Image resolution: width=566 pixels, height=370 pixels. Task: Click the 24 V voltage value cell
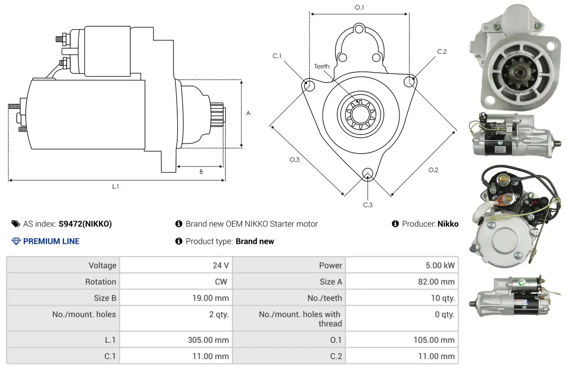point(221,265)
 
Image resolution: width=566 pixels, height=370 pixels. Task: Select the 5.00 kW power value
point(440,265)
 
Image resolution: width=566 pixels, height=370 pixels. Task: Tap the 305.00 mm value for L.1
point(208,340)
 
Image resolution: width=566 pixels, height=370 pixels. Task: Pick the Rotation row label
point(100,282)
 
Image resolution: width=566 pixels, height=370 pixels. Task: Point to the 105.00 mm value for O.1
point(434,340)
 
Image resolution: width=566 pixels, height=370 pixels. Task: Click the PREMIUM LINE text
point(51,241)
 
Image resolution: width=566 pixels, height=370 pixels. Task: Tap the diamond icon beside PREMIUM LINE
point(16,241)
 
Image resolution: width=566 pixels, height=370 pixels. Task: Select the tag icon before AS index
point(16,224)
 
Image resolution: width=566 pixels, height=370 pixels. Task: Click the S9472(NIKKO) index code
point(85,224)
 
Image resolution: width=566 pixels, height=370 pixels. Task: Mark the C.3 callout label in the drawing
point(368,205)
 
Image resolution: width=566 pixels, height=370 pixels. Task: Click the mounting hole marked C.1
point(308,85)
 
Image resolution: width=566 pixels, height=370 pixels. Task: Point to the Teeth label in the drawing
point(322,66)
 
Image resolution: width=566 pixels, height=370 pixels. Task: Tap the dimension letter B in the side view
point(201,172)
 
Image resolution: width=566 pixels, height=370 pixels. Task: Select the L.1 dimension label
point(115,186)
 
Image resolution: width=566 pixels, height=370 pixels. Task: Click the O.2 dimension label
point(433,170)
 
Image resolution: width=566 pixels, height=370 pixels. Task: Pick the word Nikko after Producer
point(448,224)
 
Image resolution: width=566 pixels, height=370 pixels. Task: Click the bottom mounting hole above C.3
point(367,173)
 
